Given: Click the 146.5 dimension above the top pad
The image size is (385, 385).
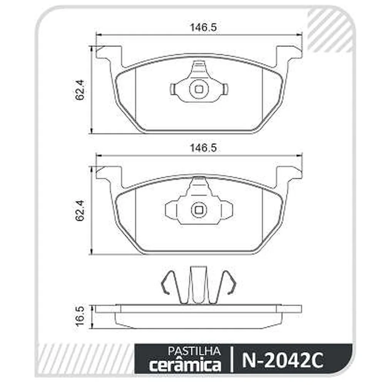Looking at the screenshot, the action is pyautogui.click(x=203, y=27).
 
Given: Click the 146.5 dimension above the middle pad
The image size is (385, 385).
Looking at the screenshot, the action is pyautogui.click(x=203, y=148).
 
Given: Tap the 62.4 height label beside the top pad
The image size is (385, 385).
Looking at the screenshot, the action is pyautogui.click(x=80, y=90).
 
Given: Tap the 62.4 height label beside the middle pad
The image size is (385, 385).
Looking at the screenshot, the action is pyautogui.click(x=80, y=211).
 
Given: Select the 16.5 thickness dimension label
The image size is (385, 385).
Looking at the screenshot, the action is pyautogui.click(x=80, y=316).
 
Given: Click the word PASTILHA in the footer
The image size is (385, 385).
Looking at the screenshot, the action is pyautogui.click(x=194, y=352).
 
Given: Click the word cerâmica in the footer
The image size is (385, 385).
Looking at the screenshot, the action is pyautogui.click(x=186, y=365).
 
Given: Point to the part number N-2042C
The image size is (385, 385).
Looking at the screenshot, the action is pyautogui.click(x=282, y=360).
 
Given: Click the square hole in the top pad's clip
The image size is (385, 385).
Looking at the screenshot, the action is pyautogui.click(x=199, y=89).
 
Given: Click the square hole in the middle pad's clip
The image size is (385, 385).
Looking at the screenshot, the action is pyautogui.click(x=199, y=210).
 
